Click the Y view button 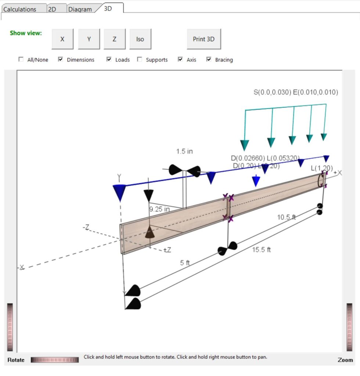click(89, 39)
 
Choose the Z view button click(115, 39)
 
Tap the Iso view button click(140, 39)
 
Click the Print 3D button click(204, 39)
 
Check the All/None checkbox click(21, 59)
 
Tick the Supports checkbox click(140, 59)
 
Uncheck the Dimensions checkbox click(61, 59)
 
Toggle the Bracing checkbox click(209, 59)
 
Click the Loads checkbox click(109, 59)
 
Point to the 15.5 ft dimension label click(262, 250)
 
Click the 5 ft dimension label click(185, 263)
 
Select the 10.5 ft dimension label click(287, 217)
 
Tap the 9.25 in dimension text click(159, 209)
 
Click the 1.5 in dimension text click(184, 151)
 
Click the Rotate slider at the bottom click(55, 360)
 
